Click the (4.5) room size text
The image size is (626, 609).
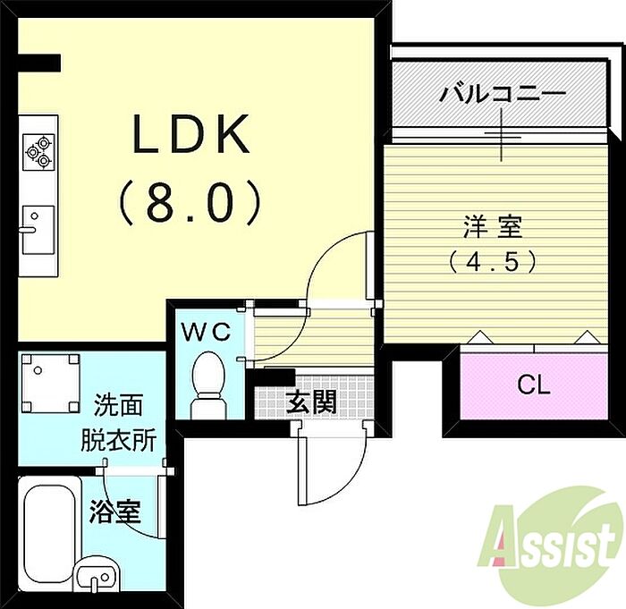[x=494, y=261]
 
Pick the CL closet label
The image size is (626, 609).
[x=534, y=385]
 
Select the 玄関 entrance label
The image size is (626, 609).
[x=310, y=402]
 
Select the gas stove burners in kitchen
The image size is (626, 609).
[x=38, y=149]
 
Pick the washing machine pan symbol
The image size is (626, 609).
[x=50, y=384]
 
